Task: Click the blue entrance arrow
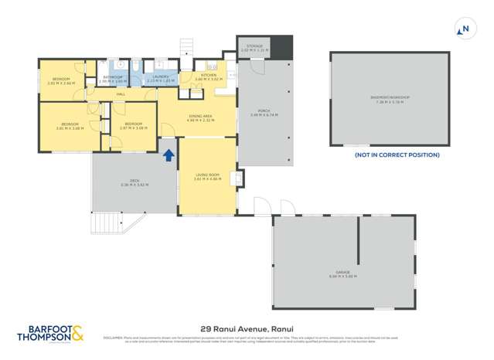coord(168,155)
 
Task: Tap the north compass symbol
coord(465,30)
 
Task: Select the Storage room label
coord(255,48)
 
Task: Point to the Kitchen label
coord(209,76)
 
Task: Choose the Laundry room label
coord(161,77)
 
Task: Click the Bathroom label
coord(112,78)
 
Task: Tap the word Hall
coord(121,94)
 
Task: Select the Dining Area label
coord(200,118)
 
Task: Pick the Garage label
coord(343,274)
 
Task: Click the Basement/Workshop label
coord(390,99)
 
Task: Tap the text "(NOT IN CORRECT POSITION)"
coord(397,155)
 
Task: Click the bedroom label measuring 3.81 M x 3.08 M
coord(70,126)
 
